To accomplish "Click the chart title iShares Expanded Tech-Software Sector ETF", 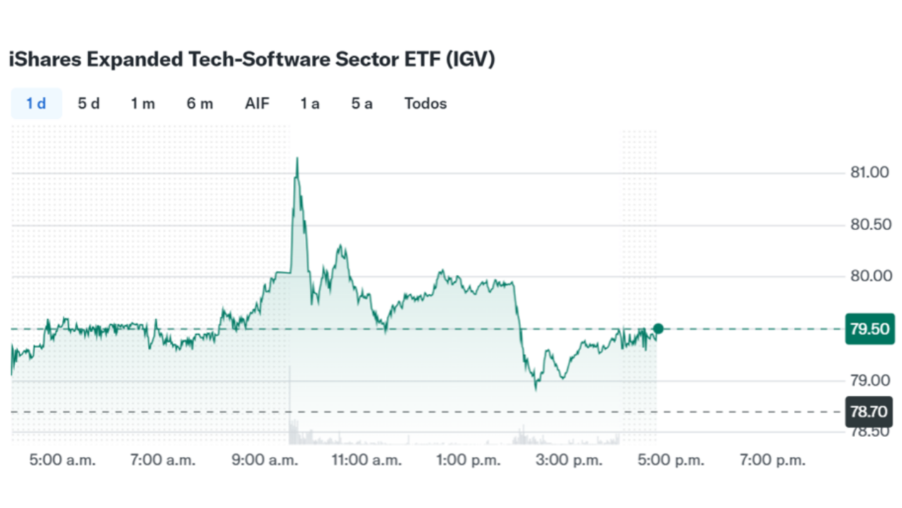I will click(252, 60).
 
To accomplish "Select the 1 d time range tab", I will click(36, 104).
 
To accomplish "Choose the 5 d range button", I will click(89, 104).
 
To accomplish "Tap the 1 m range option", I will click(142, 104).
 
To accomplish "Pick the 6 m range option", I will click(199, 104).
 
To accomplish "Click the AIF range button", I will click(257, 104).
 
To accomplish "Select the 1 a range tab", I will click(309, 104).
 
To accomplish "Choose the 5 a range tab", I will click(362, 104).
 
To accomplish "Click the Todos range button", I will click(426, 104).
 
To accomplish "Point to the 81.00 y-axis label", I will click(870, 173).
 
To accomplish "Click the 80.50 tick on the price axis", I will click(870, 225).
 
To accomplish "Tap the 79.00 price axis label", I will click(870, 381).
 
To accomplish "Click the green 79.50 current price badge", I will click(870, 329).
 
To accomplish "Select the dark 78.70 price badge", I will click(870, 411).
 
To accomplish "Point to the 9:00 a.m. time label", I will click(266, 461).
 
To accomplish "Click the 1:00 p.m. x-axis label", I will click(469, 461).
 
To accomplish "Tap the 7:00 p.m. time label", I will click(772, 461).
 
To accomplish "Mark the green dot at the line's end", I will click(658, 328).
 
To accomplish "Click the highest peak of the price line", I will click(297, 159).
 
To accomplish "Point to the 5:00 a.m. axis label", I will click(62, 461).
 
